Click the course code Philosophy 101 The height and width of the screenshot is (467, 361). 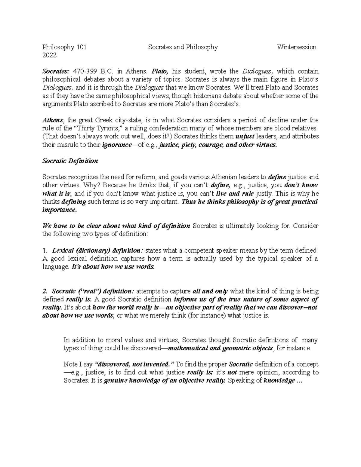click(64, 47)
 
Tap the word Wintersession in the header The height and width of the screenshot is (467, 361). click(297, 47)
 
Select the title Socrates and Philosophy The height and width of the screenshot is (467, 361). click(183, 47)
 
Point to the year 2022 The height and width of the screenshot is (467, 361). click(49, 55)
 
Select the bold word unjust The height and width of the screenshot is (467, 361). click(245, 137)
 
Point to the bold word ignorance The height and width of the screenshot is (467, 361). click(117, 145)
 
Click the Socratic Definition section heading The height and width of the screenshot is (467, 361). click(70, 161)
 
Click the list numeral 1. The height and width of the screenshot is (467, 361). click(45, 250)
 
